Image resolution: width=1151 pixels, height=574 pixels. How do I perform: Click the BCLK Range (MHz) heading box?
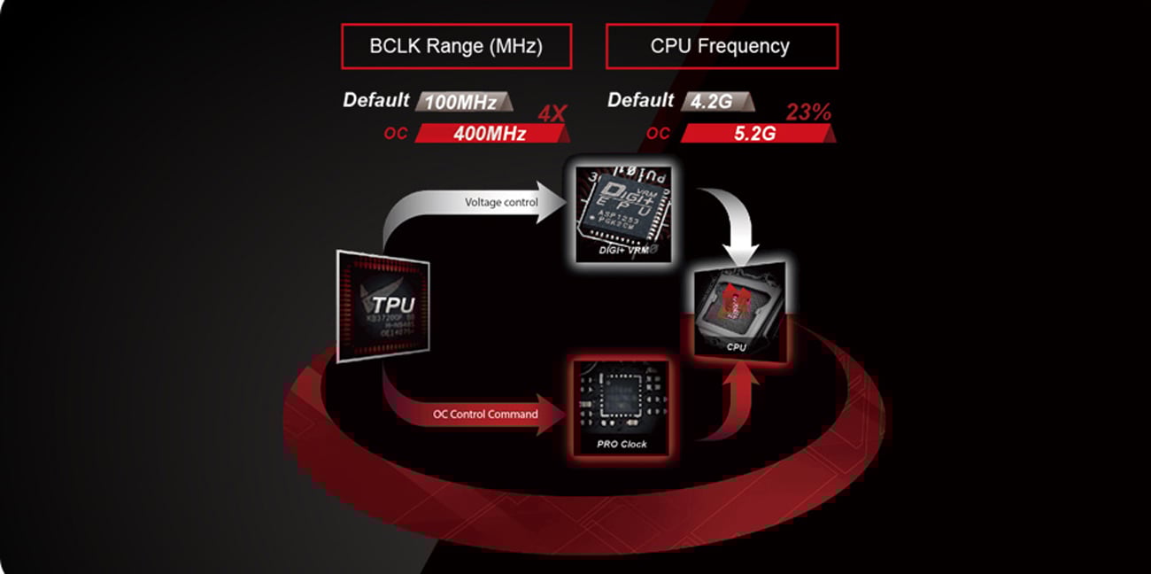pyautogui.click(x=456, y=46)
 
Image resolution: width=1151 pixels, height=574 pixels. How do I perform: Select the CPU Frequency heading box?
pyautogui.click(x=721, y=46)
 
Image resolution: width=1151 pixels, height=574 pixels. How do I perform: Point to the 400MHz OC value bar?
pyautogui.click(x=490, y=134)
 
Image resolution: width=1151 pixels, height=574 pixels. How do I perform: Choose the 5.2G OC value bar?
pyautogui.click(x=754, y=134)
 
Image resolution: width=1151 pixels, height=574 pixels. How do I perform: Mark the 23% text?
pyautogui.click(x=808, y=112)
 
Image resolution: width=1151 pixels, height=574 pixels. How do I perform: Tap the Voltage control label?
pyautogui.click(x=501, y=203)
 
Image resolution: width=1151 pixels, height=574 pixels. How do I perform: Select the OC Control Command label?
pyautogui.click(x=485, y=414)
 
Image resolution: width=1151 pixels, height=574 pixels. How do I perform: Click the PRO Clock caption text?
pyautogui.click(x=621, y=444)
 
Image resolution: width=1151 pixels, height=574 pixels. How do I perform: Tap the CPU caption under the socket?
pyautogui.click(x=736, y=347)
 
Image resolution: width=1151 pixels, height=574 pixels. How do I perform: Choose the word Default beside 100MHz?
pyautogui.click(x=376, y=100)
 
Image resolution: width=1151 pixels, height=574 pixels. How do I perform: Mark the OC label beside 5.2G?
pyautogui.click(x=658, y=134)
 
